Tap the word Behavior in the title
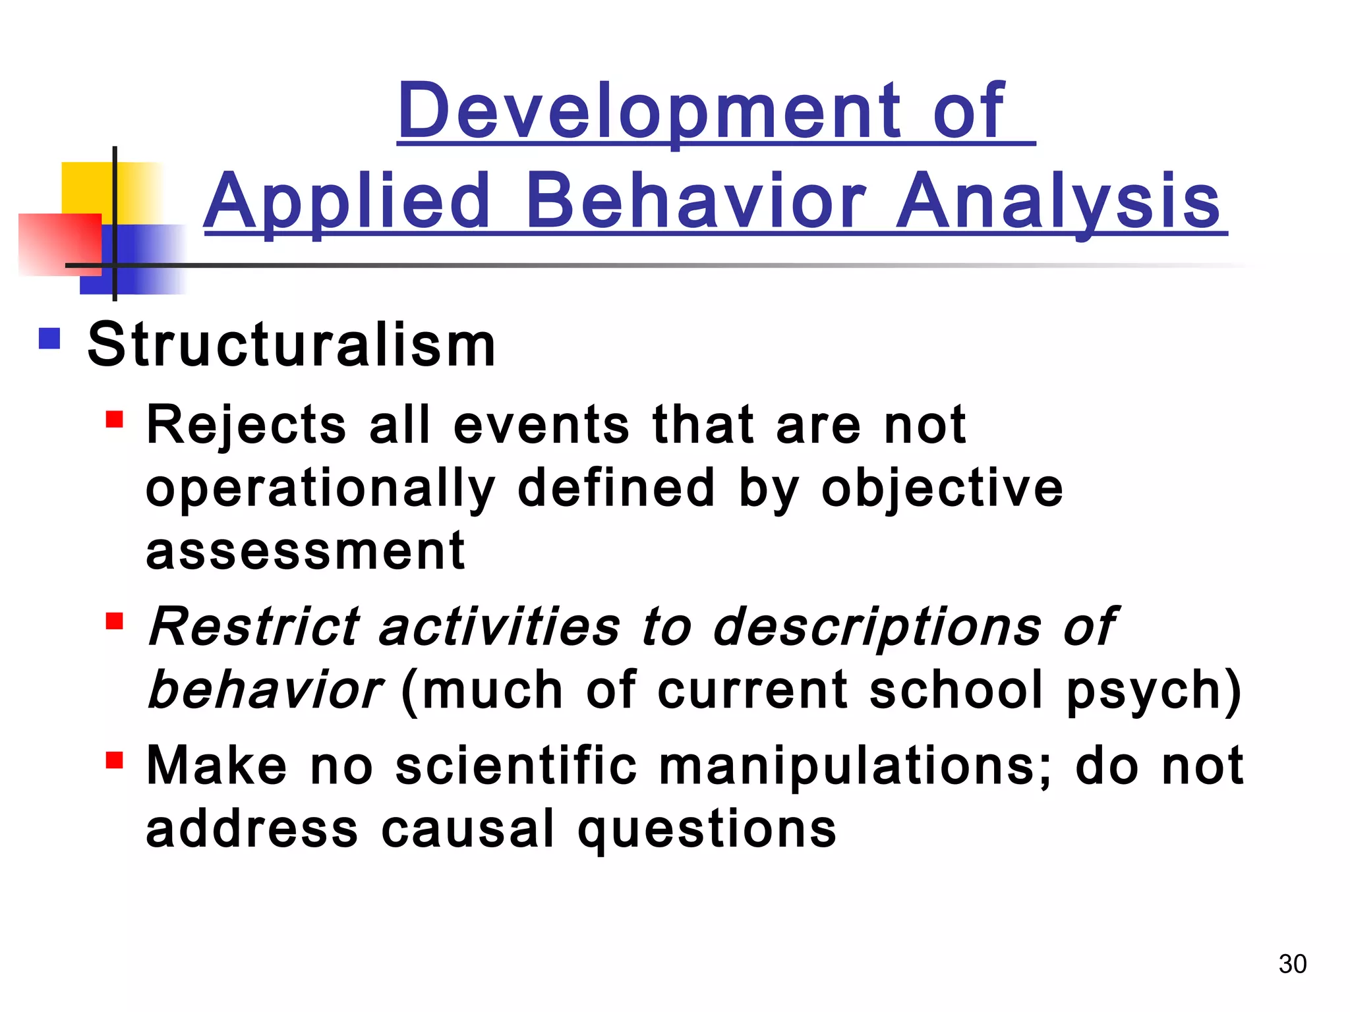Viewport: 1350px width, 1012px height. (695, 200)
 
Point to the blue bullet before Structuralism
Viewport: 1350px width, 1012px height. (50, 339)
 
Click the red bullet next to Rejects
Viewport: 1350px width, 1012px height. (115, 420)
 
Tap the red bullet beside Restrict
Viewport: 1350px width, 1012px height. (115, 621)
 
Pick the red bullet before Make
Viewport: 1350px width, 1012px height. (115, 760)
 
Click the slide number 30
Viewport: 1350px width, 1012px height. (1292, 964)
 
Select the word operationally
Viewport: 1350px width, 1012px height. (320, 489)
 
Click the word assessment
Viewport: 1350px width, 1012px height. (305, 551)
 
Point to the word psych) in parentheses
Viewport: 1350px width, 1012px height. (1154, 690)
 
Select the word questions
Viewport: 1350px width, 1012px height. (707, 830)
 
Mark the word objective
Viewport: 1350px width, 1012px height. (942, 489)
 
